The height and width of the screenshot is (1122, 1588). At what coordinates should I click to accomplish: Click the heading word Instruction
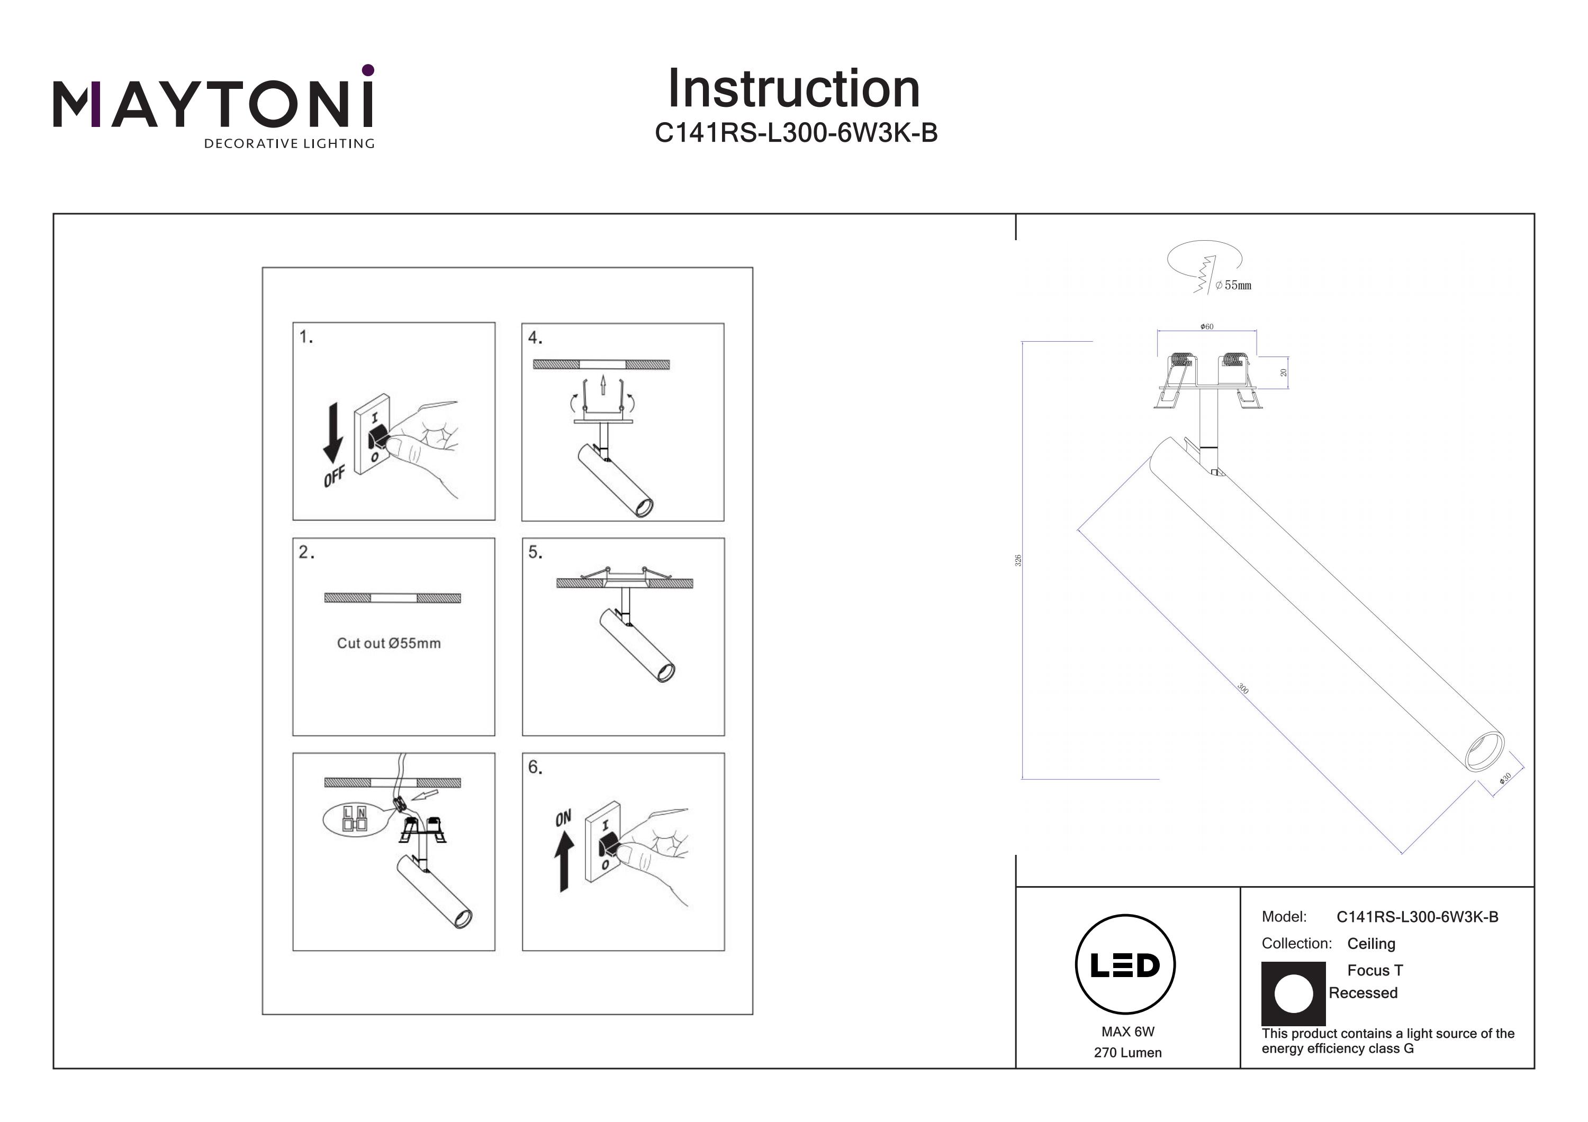pyautogui.click(x=793, y=89)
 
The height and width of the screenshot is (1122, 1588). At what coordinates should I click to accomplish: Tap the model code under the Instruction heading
pyautogui.click(x=796, y=133)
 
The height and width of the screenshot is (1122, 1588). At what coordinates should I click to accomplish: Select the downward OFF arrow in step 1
pyautogui.click(x=332, y=433)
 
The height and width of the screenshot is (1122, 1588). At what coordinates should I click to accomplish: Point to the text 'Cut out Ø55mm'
pyautogui.click(x=389, y=643)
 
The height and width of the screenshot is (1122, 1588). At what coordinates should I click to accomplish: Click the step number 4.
pyautogui.click(x=535, y=337)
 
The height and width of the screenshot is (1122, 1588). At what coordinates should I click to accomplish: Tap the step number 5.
pyautogui.click(x=535, y=552)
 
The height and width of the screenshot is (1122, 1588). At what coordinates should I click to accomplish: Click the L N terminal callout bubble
pyautogui.click(x=354, y=820)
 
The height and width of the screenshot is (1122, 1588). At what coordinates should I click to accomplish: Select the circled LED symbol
pyautogui.click(x=1125, y=964)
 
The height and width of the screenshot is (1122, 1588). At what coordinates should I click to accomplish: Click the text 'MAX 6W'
pyautogui.click(x=1127, y=1032)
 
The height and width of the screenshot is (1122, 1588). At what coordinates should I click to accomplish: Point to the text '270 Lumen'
pyautogui.click(x=1127, y=1053)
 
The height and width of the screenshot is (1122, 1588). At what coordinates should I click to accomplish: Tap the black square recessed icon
pyautogui.click(x=1293, y=993)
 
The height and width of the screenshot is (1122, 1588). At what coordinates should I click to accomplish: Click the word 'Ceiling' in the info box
pyautogui.click(x=1371, y=944)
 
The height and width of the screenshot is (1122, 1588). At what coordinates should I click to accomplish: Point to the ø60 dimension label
pyautogui.click(x=1207, y=326)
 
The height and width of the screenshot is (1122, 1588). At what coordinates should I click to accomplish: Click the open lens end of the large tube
pyautogui.click(x=1484, y=752)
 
